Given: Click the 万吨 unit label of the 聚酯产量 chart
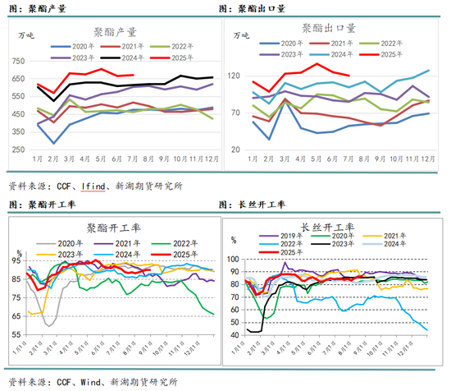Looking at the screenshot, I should pos(26,36).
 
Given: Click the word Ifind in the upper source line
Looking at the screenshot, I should pos(84,186).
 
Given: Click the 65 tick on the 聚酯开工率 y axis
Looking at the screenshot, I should pos(16,315).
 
